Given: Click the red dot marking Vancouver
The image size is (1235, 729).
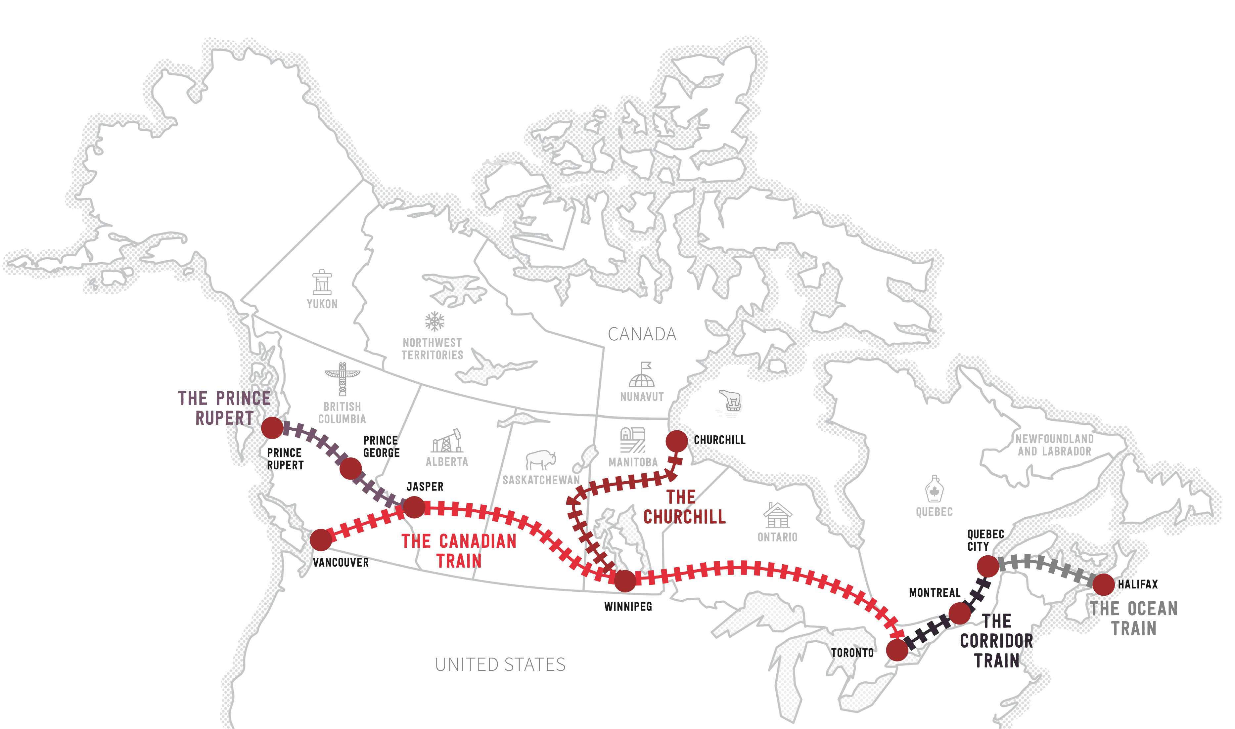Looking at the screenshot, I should pos(321,540).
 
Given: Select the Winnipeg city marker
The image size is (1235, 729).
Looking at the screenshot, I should pos(625,581).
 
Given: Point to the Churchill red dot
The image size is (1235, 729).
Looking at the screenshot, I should pos(677,441).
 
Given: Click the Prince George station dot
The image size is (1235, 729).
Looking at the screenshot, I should pos(350,468).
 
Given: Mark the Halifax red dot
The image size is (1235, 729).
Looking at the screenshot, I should pos(1103,584).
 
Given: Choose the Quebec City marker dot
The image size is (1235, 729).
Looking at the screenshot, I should pos(988,566).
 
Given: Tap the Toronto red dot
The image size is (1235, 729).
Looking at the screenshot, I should pos(897,650).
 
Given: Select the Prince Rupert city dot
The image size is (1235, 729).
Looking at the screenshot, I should pos(272,428).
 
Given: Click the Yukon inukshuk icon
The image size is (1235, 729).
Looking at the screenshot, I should pos(322,281).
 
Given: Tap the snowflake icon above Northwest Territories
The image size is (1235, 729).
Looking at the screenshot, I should pos(435,321).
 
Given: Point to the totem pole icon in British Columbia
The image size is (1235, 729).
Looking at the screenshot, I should pos(343,379).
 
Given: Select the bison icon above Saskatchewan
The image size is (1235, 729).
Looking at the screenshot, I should pos(541,460).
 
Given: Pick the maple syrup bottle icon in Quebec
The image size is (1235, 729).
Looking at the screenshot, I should pos(934,489).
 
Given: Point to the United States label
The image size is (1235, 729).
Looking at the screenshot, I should pos(500,665).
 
